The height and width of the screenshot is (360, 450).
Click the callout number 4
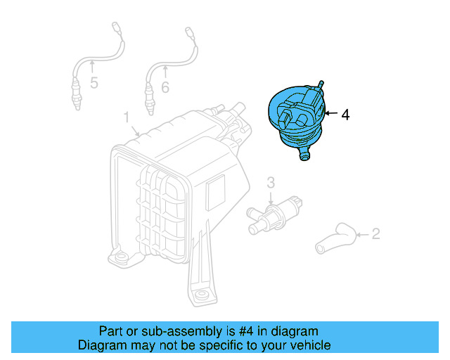(345, 115)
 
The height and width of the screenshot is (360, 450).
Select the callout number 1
(127, 116)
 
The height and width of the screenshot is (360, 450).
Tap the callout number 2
(375, 233)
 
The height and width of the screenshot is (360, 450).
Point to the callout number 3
(271, 183)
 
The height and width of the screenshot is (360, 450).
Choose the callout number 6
(165, 87)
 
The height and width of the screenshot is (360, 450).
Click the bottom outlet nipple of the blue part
(304, 155)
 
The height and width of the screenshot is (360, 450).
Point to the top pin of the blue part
(321, 84)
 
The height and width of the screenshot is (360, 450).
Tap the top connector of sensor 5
(117, 28)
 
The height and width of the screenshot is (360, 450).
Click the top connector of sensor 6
(188, 32)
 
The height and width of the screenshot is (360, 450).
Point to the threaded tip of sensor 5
(76, 107)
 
